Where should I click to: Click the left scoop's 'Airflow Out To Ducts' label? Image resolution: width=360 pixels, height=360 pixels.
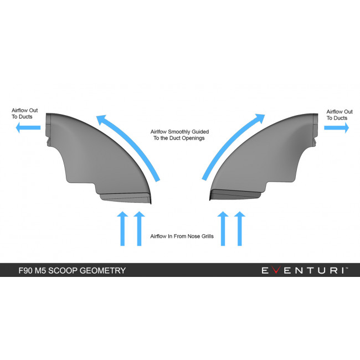tap(25, 114)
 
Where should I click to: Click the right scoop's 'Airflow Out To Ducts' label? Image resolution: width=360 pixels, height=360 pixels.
tap(340, 115)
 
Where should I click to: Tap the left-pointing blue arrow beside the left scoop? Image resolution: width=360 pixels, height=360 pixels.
tap(28, 127)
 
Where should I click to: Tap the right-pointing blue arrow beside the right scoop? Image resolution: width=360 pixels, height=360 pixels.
tap(336, 127)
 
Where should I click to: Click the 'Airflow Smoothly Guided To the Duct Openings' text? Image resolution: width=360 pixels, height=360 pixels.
tap(179, 135)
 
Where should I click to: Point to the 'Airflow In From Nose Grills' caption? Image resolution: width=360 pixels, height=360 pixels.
tap(182, 236)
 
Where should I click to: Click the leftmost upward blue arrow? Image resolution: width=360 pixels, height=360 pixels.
tap(122, 229)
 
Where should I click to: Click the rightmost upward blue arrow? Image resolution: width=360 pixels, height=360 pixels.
tap(240, 229)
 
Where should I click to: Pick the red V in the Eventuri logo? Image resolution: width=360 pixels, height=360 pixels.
tap(276, 270)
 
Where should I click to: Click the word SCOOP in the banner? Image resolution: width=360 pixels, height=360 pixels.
tap(63, 270)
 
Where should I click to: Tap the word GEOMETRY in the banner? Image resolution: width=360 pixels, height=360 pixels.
tap(102, 270)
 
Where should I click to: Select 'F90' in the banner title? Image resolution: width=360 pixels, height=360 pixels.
tap(25, 270)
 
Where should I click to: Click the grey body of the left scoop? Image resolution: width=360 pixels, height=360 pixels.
tap(101, 158)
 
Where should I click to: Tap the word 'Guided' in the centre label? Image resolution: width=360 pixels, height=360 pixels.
tap(200, 132)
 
